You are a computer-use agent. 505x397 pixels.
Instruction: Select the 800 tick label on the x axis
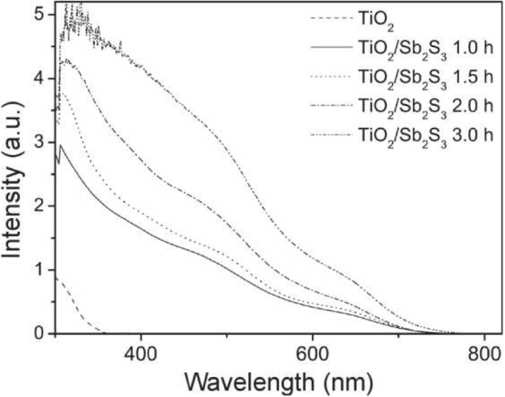pyautogui.click(x=484, y=354)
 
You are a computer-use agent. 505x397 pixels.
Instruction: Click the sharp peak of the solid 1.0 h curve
pyautogui.click(x=60, y=145)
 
